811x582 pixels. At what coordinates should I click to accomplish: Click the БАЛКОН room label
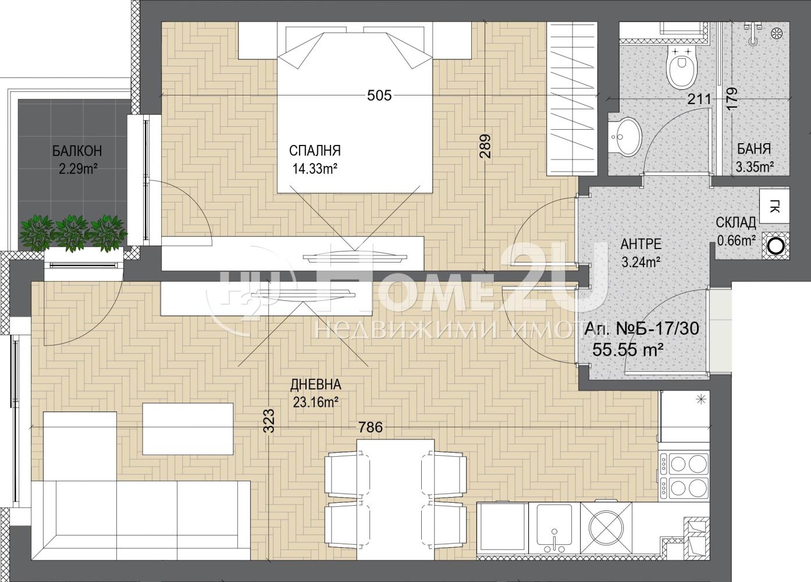(x=77, y=151)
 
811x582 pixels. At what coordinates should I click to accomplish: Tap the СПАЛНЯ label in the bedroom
(x=315, y=150)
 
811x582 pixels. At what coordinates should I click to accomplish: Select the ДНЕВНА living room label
(x=316, y=385)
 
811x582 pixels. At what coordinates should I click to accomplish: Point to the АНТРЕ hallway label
(x=641, y=244)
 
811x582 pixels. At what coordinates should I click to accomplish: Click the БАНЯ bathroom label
(x=755, y=149)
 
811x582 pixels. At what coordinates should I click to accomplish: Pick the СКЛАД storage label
(x=736, y=223)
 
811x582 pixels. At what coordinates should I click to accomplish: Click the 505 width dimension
(x=379, y=95)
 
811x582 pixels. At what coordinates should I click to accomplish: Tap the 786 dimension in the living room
(x=371, y=427)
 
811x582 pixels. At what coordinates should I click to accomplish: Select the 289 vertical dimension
(x=485, y=146)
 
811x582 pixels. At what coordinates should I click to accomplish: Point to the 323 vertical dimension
(x=269, y=421)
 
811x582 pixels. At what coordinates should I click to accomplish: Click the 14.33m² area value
(x=315, y=169)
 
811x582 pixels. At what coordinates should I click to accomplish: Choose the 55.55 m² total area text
(x=628, y=350)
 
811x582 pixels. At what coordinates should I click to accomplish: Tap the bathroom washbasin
(x=625, y=137)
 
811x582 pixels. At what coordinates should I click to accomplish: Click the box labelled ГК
(x=774, y=207)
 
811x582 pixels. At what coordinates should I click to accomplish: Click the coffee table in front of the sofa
(x=188, y=429)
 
